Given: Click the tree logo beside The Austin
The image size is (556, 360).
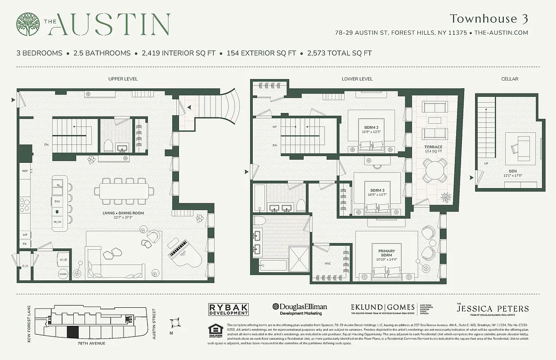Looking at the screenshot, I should pos(28,24).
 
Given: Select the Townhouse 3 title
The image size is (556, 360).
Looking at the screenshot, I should pos(489,19).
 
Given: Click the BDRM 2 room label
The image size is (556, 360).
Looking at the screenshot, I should pos(371,130).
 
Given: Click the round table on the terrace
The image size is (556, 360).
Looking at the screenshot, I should pos(435,171).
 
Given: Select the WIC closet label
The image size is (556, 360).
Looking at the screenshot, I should pos(327,264).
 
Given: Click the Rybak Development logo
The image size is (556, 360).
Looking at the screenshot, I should pos(229,310).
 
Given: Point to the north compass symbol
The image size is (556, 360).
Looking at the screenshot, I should pos(175,323).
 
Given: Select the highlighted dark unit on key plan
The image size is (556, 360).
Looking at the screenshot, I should pos(72,333).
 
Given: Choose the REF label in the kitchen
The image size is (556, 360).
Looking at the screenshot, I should pos(25,171).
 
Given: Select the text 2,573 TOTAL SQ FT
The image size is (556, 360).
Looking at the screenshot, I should pos(339,53).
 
